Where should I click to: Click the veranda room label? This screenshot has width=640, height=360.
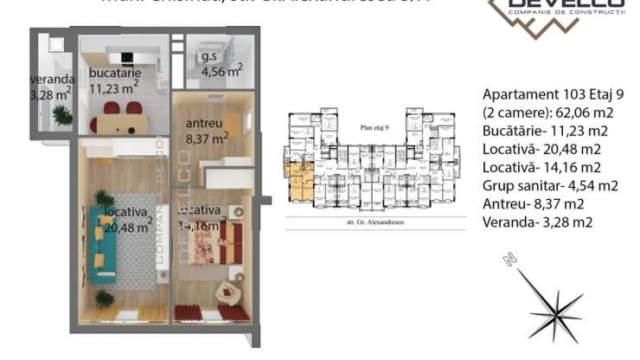pos(49,87)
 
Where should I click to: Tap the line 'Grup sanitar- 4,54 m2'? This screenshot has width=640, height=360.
pos(550,185)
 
